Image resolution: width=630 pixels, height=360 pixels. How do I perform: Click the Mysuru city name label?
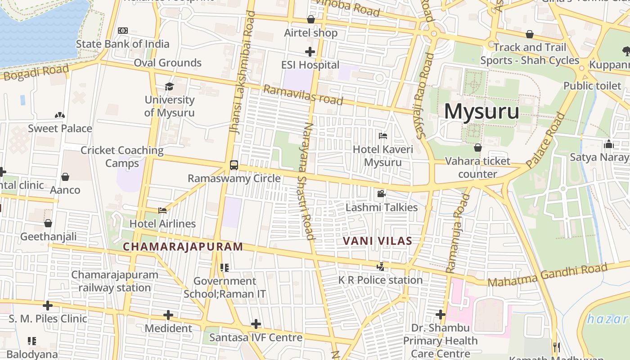[481, 112]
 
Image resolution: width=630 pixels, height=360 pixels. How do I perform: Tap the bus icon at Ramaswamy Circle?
[234, 165]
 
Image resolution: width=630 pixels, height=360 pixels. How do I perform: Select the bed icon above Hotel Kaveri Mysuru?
[383, 135]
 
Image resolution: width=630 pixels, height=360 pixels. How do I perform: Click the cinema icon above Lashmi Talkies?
[381, 194]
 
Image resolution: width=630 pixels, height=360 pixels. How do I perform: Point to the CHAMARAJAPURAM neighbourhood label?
[183, 247]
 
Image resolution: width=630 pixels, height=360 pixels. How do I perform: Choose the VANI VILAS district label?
[378, 241]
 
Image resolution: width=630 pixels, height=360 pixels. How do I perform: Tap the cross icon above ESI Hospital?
[310, 52]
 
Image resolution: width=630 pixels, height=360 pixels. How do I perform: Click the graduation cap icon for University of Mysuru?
[169, 86]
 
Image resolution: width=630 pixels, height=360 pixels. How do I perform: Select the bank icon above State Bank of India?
[122, 31]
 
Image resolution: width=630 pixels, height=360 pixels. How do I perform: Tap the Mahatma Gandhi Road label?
[547, 275]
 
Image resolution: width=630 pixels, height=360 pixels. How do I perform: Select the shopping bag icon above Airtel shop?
[310, 19]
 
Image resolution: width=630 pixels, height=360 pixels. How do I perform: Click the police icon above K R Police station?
[381, 266]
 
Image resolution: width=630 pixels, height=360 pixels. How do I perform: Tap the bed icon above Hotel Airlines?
[162, 210]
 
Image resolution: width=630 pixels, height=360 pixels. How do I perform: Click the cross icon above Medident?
[168, 315]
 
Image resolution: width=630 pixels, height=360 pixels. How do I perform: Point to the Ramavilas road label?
[303, 94]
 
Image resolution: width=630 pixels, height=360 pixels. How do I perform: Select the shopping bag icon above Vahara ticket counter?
[478, 148]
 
